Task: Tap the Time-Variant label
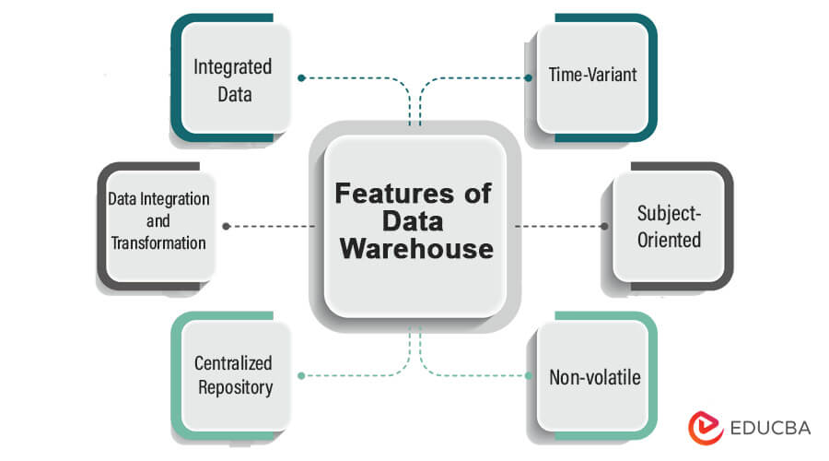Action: (592, 75)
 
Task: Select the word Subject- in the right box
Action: (670, 214)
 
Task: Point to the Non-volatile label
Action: (595, 377)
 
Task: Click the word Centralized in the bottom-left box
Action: (233, 363)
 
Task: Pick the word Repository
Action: (234, 387)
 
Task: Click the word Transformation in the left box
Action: (158, 242)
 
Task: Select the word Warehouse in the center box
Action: (414, 249)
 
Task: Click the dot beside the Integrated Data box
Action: (301, 77)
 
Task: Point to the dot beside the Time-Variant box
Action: (528, 77)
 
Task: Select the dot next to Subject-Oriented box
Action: (604, 226)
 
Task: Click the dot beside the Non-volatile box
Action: (529, 375)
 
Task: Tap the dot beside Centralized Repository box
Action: (302, 375)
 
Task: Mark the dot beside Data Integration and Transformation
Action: (226, 226)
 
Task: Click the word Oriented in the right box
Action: (670, 239)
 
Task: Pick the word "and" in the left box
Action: (158, 220)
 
